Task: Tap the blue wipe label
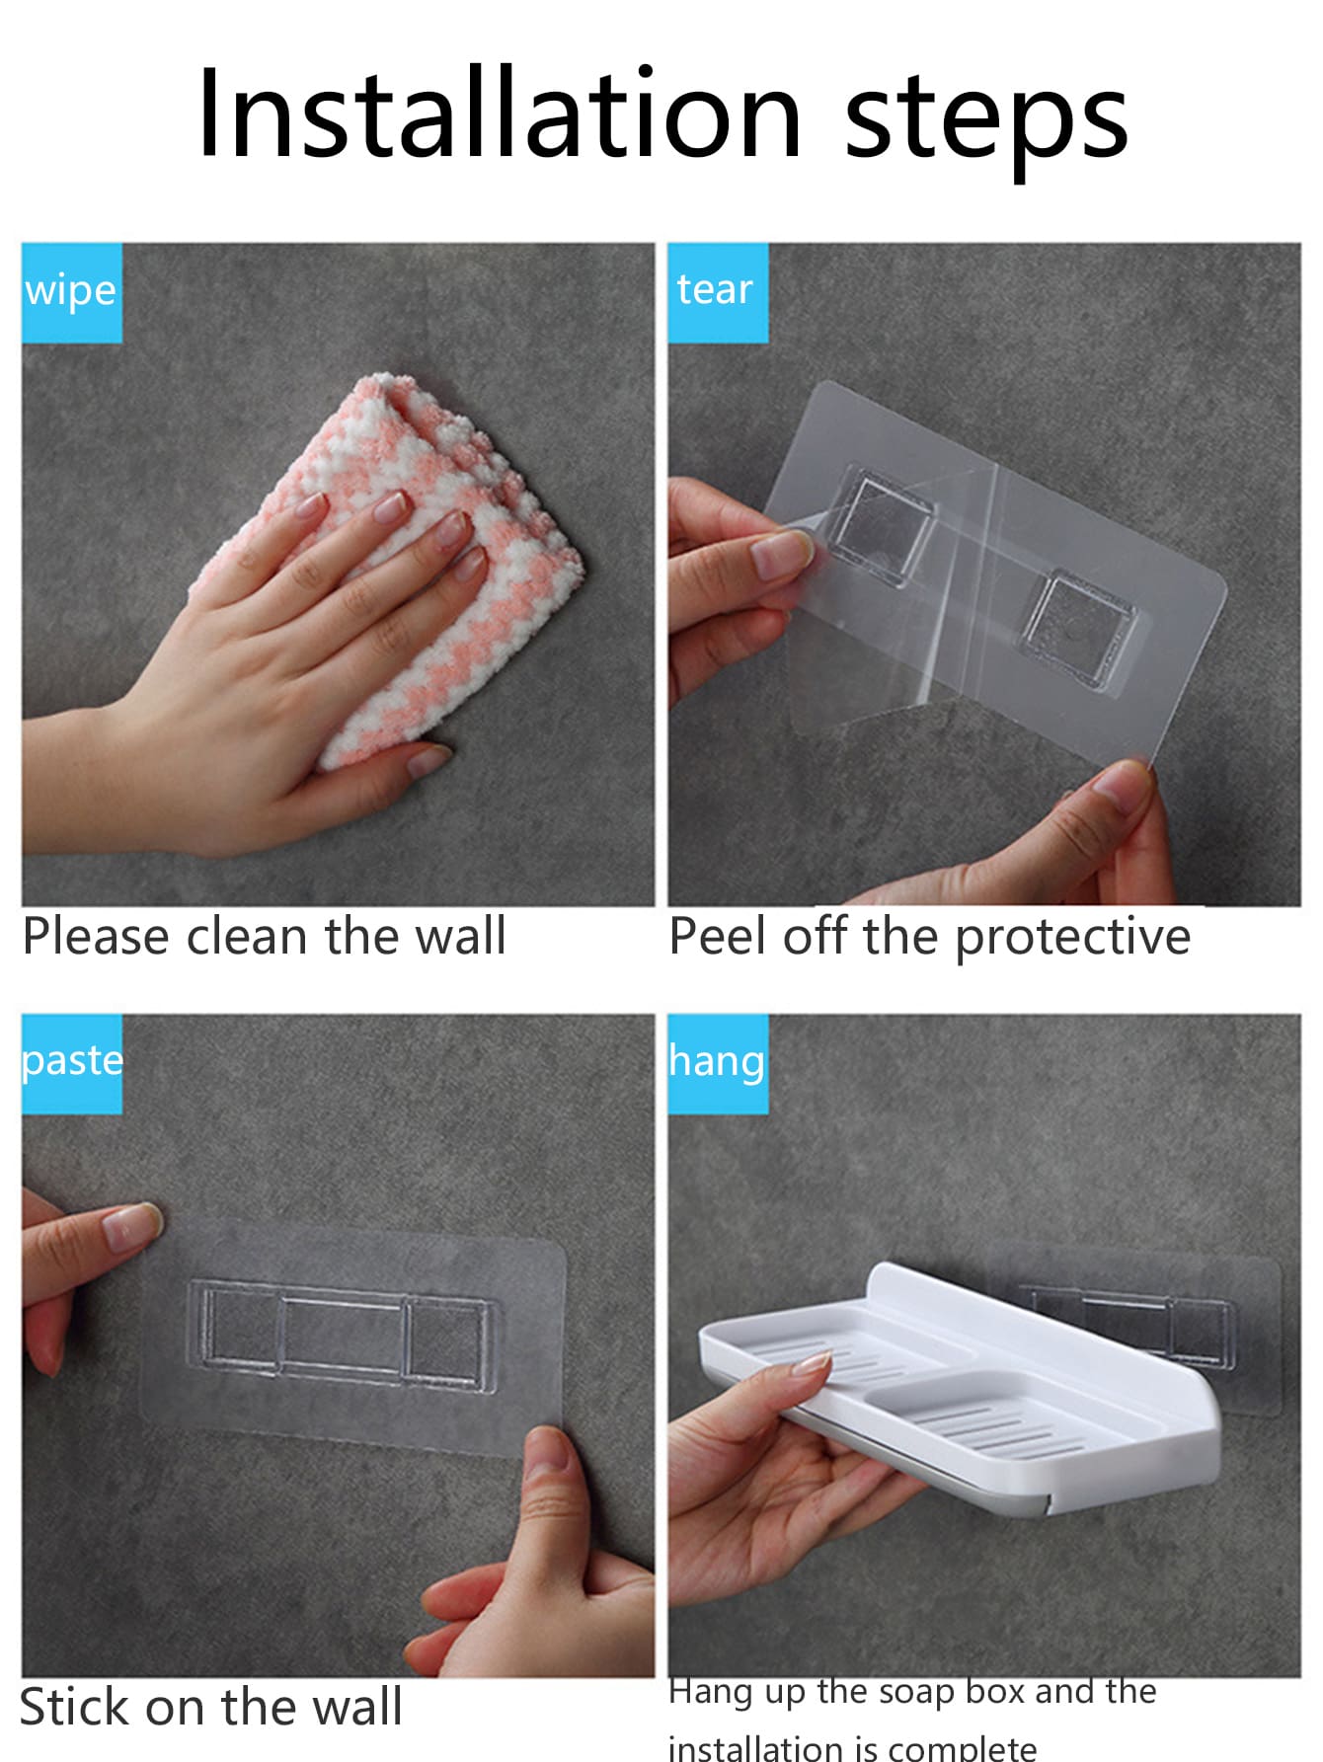click(x=72, y=292)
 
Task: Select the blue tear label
click(x=718, y=292)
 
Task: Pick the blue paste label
click(x=72, y=1064)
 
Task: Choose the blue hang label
click(x=718, y=1064)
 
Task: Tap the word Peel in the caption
click(x=717, y=936)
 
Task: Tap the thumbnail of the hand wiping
click(x=338, y=575)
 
